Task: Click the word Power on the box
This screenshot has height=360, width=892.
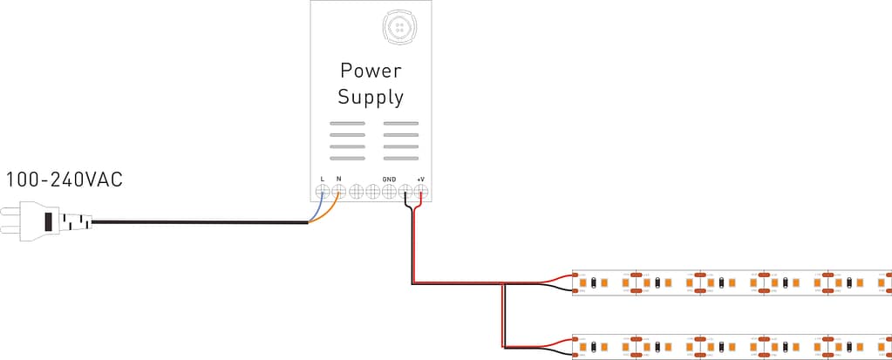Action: [371, 69]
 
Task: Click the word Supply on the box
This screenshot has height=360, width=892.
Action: [371, 97]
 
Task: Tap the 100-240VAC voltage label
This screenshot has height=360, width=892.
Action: [65, 180]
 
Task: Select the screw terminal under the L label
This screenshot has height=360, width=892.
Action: [323, 191]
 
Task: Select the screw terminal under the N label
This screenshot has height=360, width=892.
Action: [339, 191]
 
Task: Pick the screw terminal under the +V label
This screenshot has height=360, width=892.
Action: [421, 191]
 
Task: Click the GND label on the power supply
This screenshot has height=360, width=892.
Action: [389, 180]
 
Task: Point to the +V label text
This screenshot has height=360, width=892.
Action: [420, 180]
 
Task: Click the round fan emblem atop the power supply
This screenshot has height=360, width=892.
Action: [400, 27]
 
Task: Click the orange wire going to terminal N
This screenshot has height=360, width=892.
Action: [329, 212]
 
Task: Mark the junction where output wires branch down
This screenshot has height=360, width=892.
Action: [503, 284]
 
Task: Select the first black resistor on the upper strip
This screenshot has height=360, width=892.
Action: [594, 282]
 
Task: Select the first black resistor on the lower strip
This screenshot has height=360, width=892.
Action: [594, 347]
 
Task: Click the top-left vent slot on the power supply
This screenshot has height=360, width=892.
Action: [347, 124]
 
